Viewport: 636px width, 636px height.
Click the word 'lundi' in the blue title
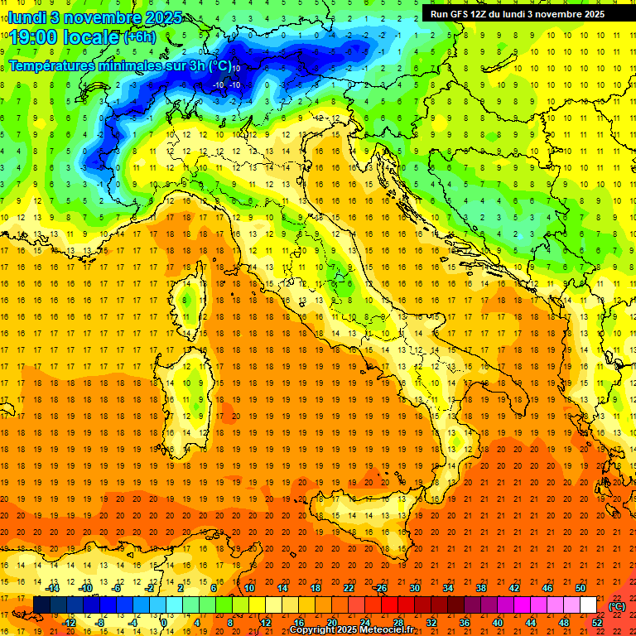(x=26, y=17)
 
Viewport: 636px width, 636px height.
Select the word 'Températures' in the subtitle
(x=49, y=65)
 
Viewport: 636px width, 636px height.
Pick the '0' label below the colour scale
(x=164, y=623)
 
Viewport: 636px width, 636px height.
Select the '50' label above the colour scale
(x=581, y=588)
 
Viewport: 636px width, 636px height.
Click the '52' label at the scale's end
(x=597, y=623)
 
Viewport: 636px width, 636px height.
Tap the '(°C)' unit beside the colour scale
(x=617, y=606)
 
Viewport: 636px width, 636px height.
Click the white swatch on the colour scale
(x=588, y=605)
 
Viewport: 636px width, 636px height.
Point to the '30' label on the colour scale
(x=414, y=588)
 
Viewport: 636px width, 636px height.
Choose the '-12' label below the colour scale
(x=69, y=623)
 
